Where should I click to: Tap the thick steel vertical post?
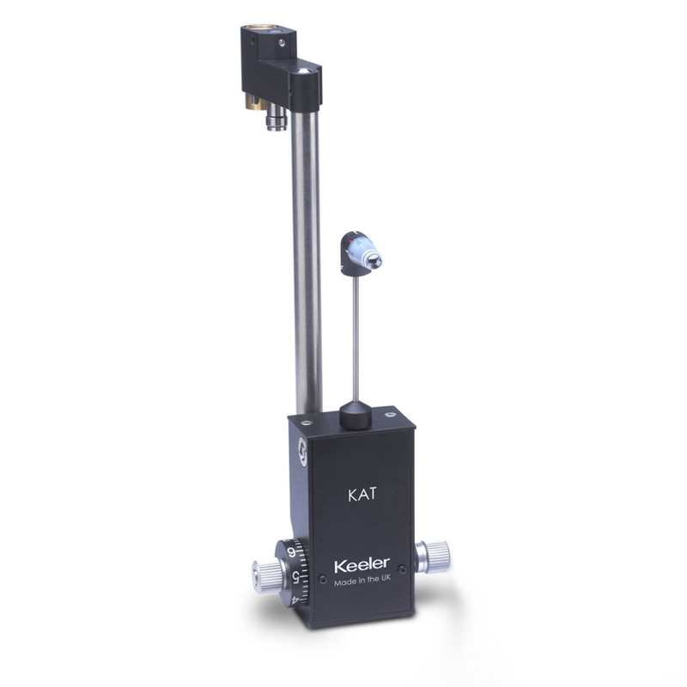[307, 258]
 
